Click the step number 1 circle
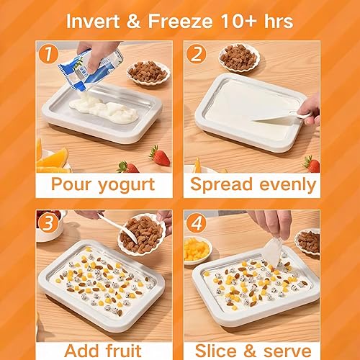[x=48, y=53]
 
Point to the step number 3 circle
[x=48, y=222]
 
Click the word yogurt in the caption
[x=126, y=184]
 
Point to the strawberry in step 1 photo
[x=158, y=154]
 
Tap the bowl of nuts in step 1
[x=147, y=71]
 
